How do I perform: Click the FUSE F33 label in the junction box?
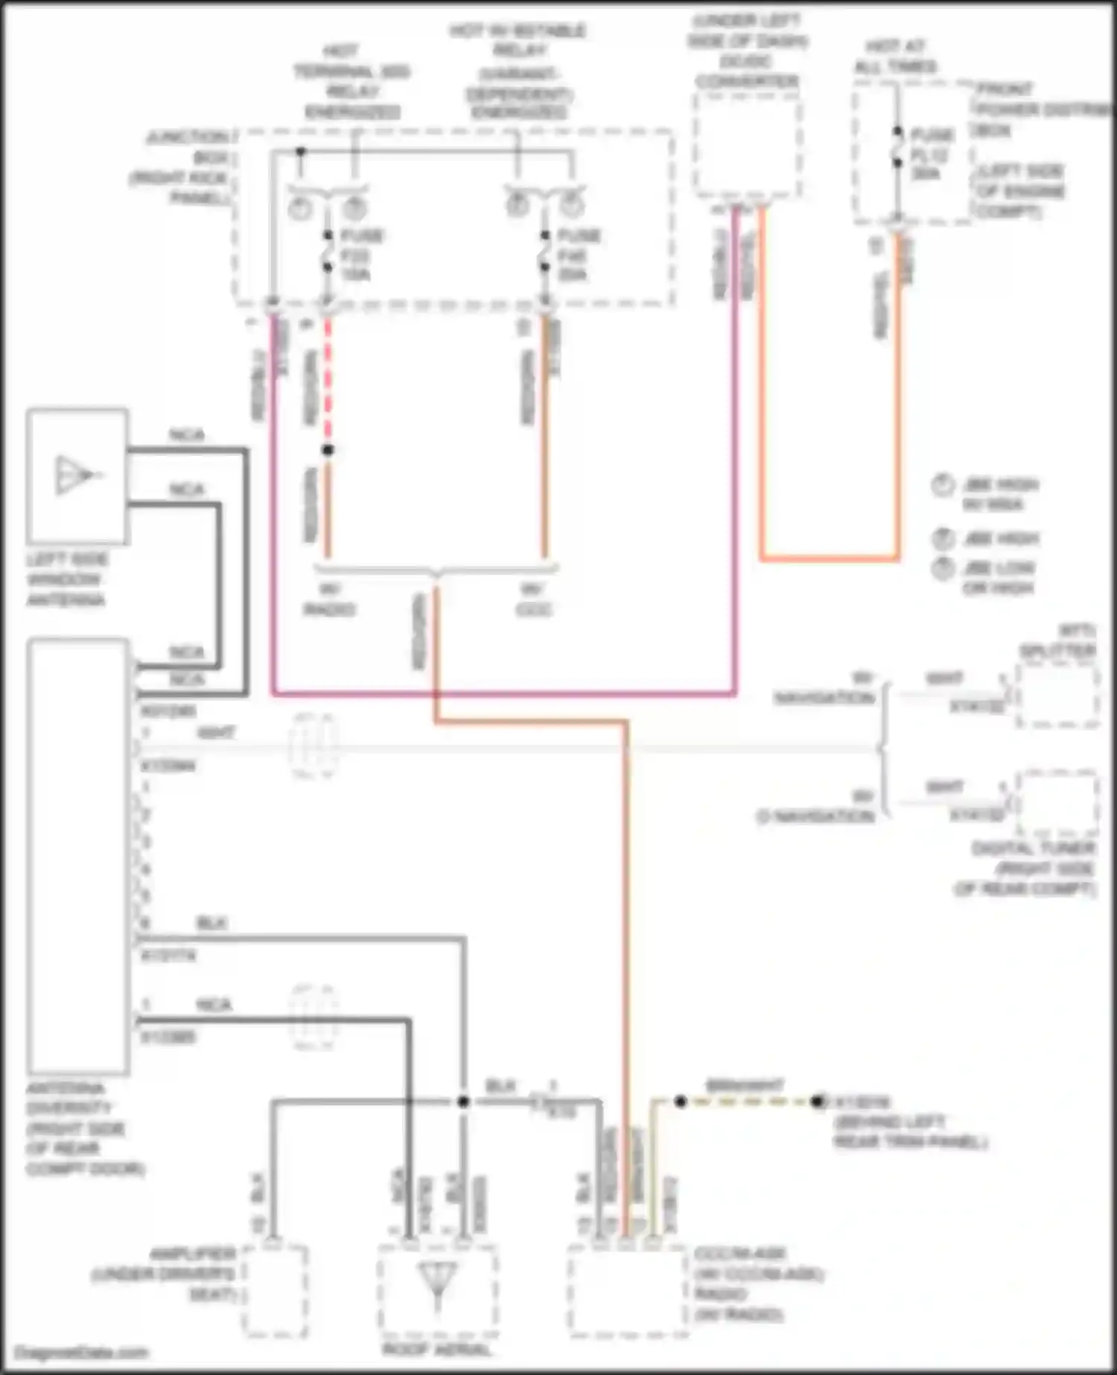(x=360, y=255)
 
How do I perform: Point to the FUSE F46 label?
(x=577, y=255)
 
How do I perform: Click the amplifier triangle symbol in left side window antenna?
(x=75, y=474)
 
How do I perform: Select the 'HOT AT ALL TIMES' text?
(x=895, y=57)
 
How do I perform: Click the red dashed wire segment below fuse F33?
(x=328, y=380)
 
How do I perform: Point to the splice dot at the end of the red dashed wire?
(x=328, y=450)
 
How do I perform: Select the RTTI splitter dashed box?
(x=1057, y=696)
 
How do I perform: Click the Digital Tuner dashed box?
(x=1057, y=804)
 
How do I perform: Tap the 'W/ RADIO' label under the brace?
(x=329, y=600)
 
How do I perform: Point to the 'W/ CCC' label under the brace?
(x=533, y=600)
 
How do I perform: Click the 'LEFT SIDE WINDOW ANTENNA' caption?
(x=67, y=579)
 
